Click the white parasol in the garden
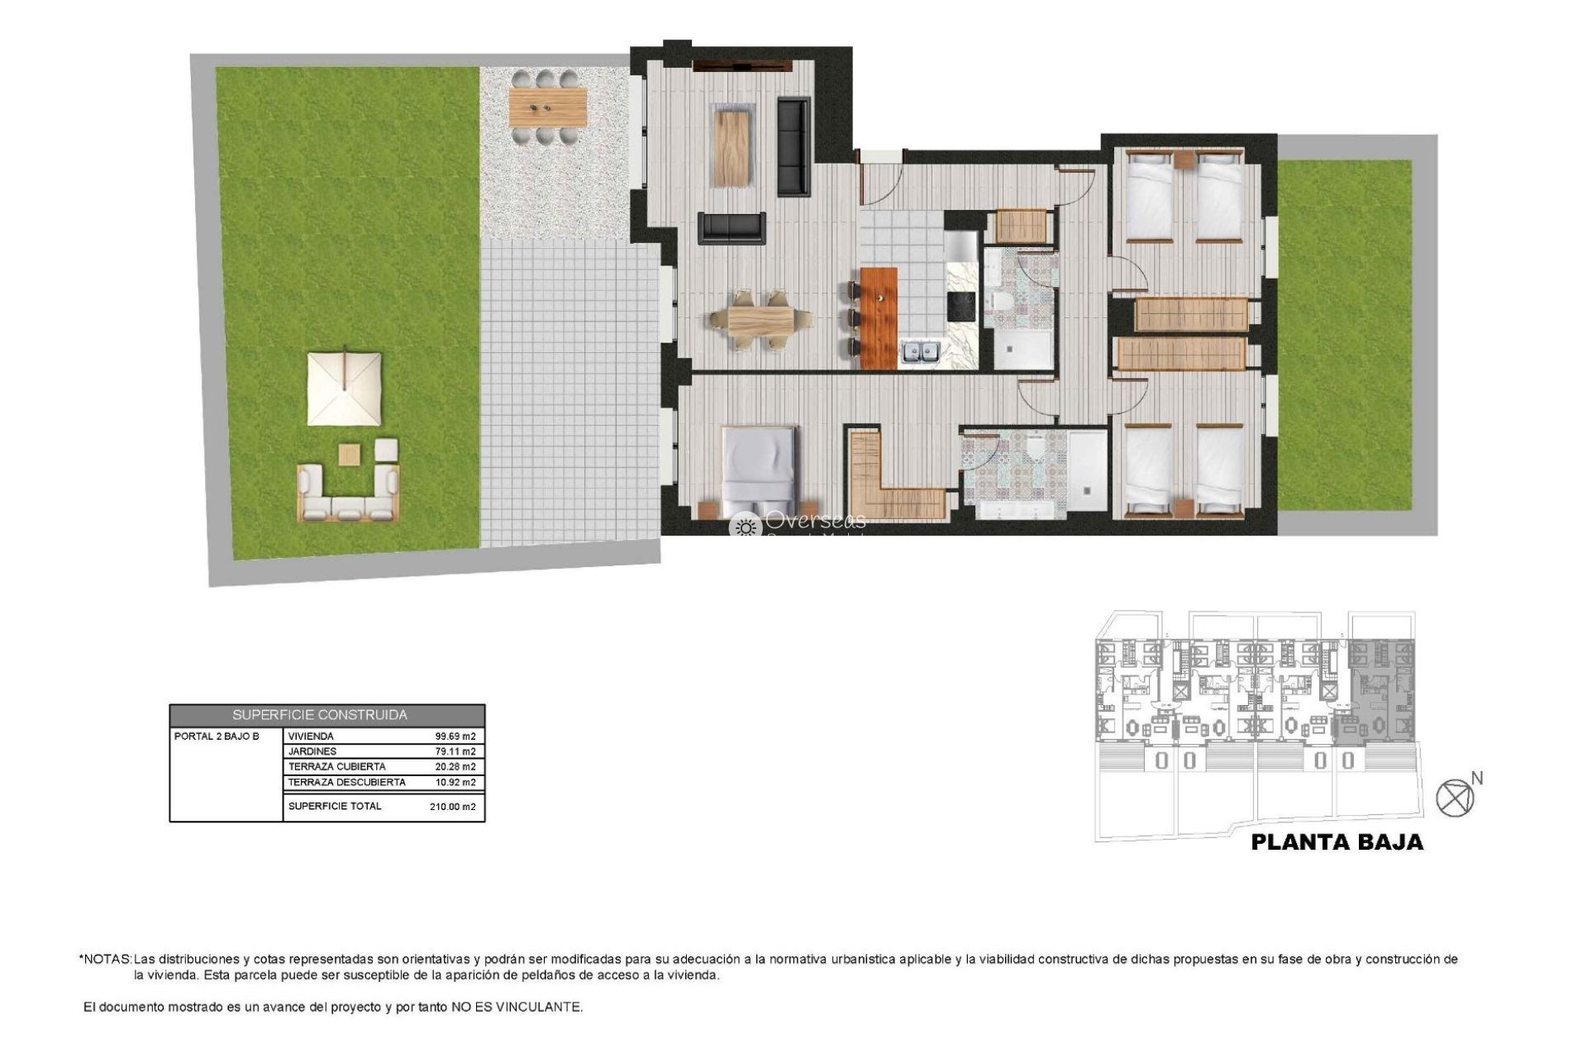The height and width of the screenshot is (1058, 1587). click(x=345, y=388)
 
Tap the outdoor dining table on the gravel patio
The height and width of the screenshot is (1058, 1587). click(x=547, y=107)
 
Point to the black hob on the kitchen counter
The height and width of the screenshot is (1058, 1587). click(x=961, y=306)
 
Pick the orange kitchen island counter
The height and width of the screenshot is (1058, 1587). click(x=878, y=317)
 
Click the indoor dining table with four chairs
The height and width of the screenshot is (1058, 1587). click(x=760, y=320)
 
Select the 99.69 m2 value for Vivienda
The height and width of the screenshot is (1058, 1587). click(x=455, y=736)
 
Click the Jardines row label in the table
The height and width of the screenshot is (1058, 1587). click(x=312, y=751)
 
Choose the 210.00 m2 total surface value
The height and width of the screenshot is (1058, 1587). click(x=453, y=807)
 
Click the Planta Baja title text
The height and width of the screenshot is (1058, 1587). click(x=1337, y=842)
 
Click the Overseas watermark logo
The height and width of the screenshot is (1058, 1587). click(x=798, y=522)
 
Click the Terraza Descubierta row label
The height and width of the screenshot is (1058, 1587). click(x=347, y=782)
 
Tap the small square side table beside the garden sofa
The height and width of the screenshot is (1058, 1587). click(x=350, y=454)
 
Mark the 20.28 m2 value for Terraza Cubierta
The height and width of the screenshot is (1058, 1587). click(x=455, y=766)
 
